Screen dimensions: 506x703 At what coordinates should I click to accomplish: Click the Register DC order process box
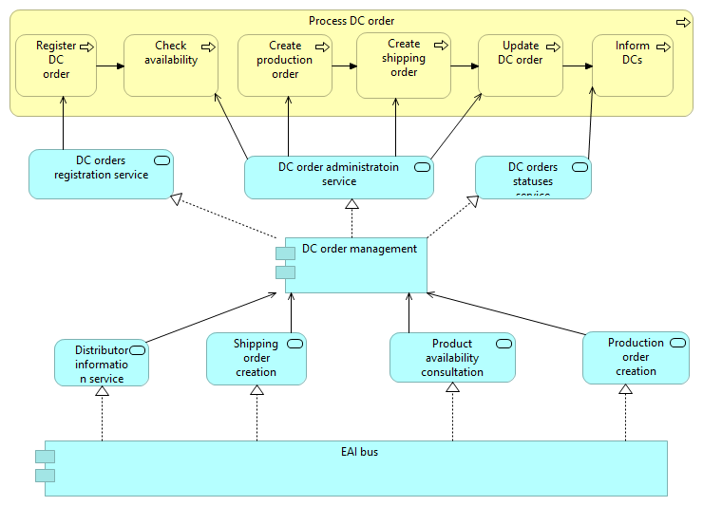pos(56,66)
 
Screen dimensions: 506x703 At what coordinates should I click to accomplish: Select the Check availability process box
pos(171,66)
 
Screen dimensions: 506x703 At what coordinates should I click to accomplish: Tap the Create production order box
pos(284,66)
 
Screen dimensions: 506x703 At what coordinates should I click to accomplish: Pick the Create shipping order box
pos(404,66)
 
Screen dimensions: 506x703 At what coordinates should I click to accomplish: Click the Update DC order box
pos(521,66)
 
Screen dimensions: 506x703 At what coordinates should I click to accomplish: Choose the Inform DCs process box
pos(632,66)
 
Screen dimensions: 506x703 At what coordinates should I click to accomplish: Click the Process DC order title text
pos(351,21)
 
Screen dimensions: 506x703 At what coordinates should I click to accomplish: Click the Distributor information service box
pos(101,363)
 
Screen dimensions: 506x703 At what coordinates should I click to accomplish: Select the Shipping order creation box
pos(256,359)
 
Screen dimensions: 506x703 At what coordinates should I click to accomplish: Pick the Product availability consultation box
pos(452,359)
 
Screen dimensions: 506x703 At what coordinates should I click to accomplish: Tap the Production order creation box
pos(636,358)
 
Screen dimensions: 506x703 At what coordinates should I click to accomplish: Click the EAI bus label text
pos(359,452)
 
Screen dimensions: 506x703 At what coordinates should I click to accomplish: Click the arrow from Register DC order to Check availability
pos(110,66)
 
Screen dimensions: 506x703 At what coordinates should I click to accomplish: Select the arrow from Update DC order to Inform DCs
pos(577,66)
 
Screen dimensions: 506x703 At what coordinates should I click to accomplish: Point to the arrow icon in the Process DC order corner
pos(682,21)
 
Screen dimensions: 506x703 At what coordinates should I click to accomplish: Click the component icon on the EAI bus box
pos(45,466)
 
